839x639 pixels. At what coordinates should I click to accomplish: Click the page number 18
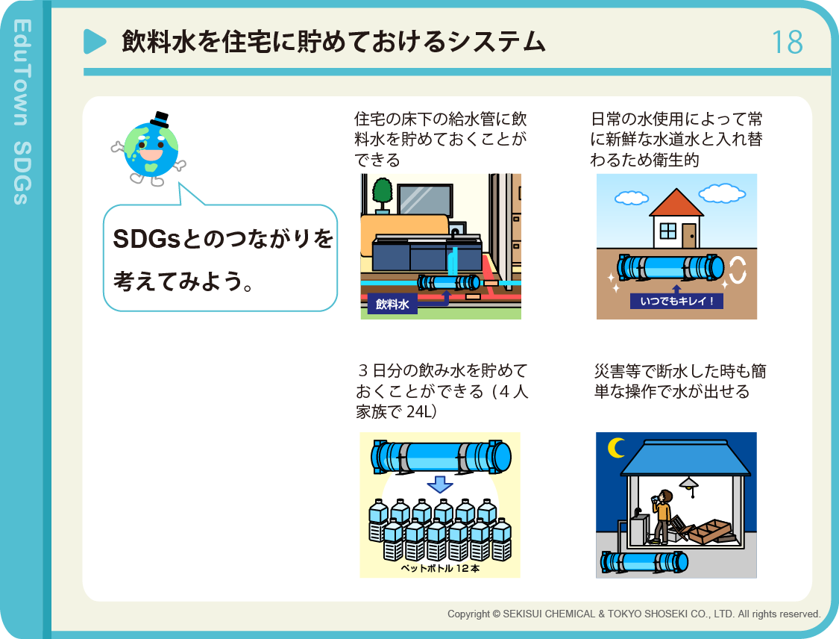click(787, 43)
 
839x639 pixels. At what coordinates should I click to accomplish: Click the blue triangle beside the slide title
click(94, 41)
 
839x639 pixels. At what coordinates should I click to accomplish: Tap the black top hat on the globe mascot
click(160, 119)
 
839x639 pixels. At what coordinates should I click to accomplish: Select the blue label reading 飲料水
click(392, 305)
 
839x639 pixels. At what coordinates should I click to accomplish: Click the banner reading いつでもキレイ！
click(676, 301)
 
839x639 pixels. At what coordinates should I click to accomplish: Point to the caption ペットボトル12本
click(440, 568)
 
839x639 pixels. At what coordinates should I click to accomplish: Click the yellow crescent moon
click(617, 448)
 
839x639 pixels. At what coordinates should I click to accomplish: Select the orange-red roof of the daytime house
click(676, 202)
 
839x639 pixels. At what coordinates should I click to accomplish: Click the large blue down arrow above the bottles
click(440, 484)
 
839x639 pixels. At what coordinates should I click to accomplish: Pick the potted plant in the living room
click(382, 196)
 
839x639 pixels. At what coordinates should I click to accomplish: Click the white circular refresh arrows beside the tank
click(738, 269)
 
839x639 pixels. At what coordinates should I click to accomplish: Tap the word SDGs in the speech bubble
click(146, 239)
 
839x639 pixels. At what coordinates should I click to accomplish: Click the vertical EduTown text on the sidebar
click(22, 72)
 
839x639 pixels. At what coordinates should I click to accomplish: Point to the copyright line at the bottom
click(634, 614)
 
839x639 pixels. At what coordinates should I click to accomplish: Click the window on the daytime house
click(667, 231)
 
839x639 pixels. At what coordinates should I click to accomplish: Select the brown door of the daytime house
click(689, 236)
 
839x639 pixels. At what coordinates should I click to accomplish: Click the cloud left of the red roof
click(632, 198)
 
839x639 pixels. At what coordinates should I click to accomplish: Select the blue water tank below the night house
click(644, 562)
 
